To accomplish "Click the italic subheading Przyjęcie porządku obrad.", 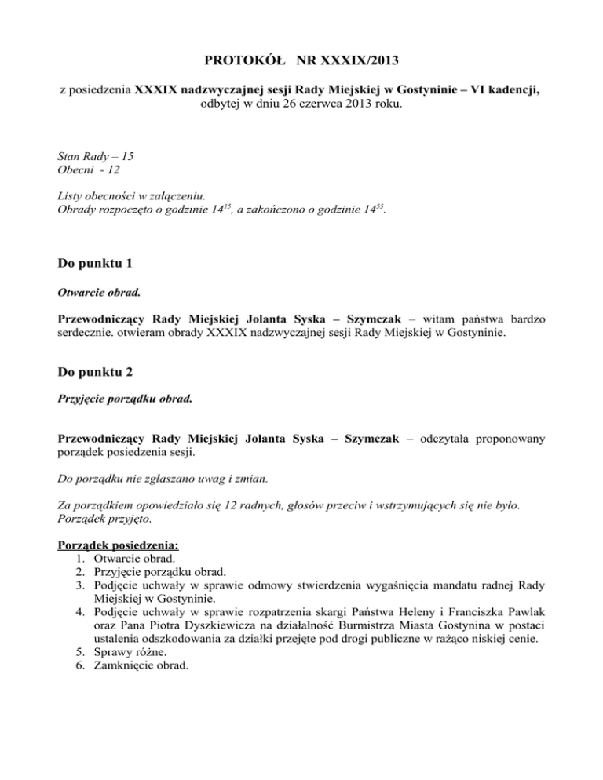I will pyautogui.click(x=126, y=400).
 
